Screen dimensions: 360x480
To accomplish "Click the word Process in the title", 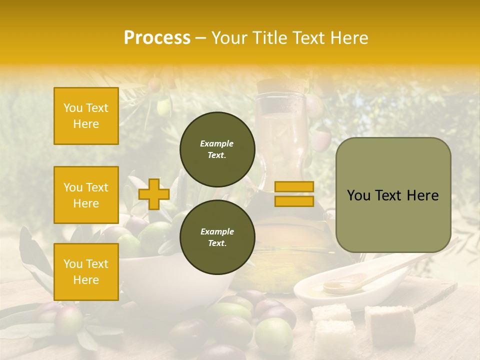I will tap(157, 38).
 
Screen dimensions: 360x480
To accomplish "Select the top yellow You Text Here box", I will tap(86, 116).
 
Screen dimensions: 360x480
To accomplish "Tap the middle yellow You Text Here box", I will tap(86, 195).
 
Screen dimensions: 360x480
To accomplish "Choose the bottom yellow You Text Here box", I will tap(86, 271).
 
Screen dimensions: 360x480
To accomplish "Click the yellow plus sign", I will tap(153, 194).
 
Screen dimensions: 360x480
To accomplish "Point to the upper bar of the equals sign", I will tap(294, 186).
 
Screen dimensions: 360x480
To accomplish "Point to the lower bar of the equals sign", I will tap(294, 201).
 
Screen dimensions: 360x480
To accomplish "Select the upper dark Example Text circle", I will tap(217, 149).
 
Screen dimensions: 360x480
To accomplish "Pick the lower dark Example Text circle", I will tap(217, 237).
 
